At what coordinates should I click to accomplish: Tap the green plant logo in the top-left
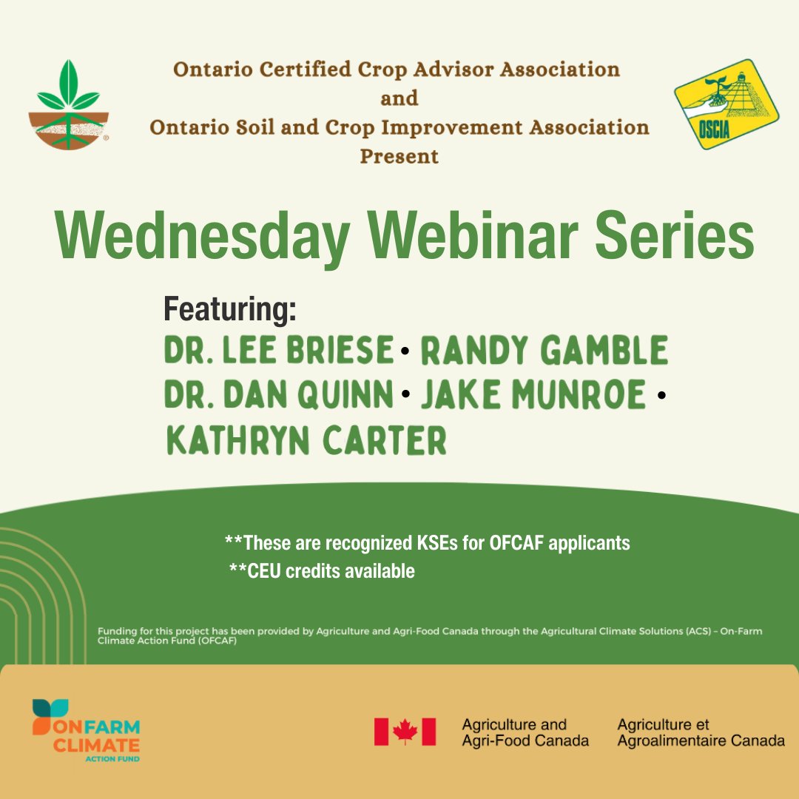69,107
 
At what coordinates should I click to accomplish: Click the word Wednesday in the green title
202,237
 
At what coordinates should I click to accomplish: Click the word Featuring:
229,310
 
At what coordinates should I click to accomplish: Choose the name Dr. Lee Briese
278,351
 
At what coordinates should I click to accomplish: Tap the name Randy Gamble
544,351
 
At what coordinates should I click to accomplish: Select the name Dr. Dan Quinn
278,396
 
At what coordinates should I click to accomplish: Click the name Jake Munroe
533,396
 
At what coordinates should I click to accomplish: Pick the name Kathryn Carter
306,441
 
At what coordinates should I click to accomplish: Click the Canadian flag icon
405,732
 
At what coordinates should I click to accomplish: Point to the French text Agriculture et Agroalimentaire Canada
701,732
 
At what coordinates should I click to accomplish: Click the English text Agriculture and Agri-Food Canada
525,732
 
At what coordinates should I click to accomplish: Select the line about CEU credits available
322,571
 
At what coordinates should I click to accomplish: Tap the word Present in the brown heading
399,156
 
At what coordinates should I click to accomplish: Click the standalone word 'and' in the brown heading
399,98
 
